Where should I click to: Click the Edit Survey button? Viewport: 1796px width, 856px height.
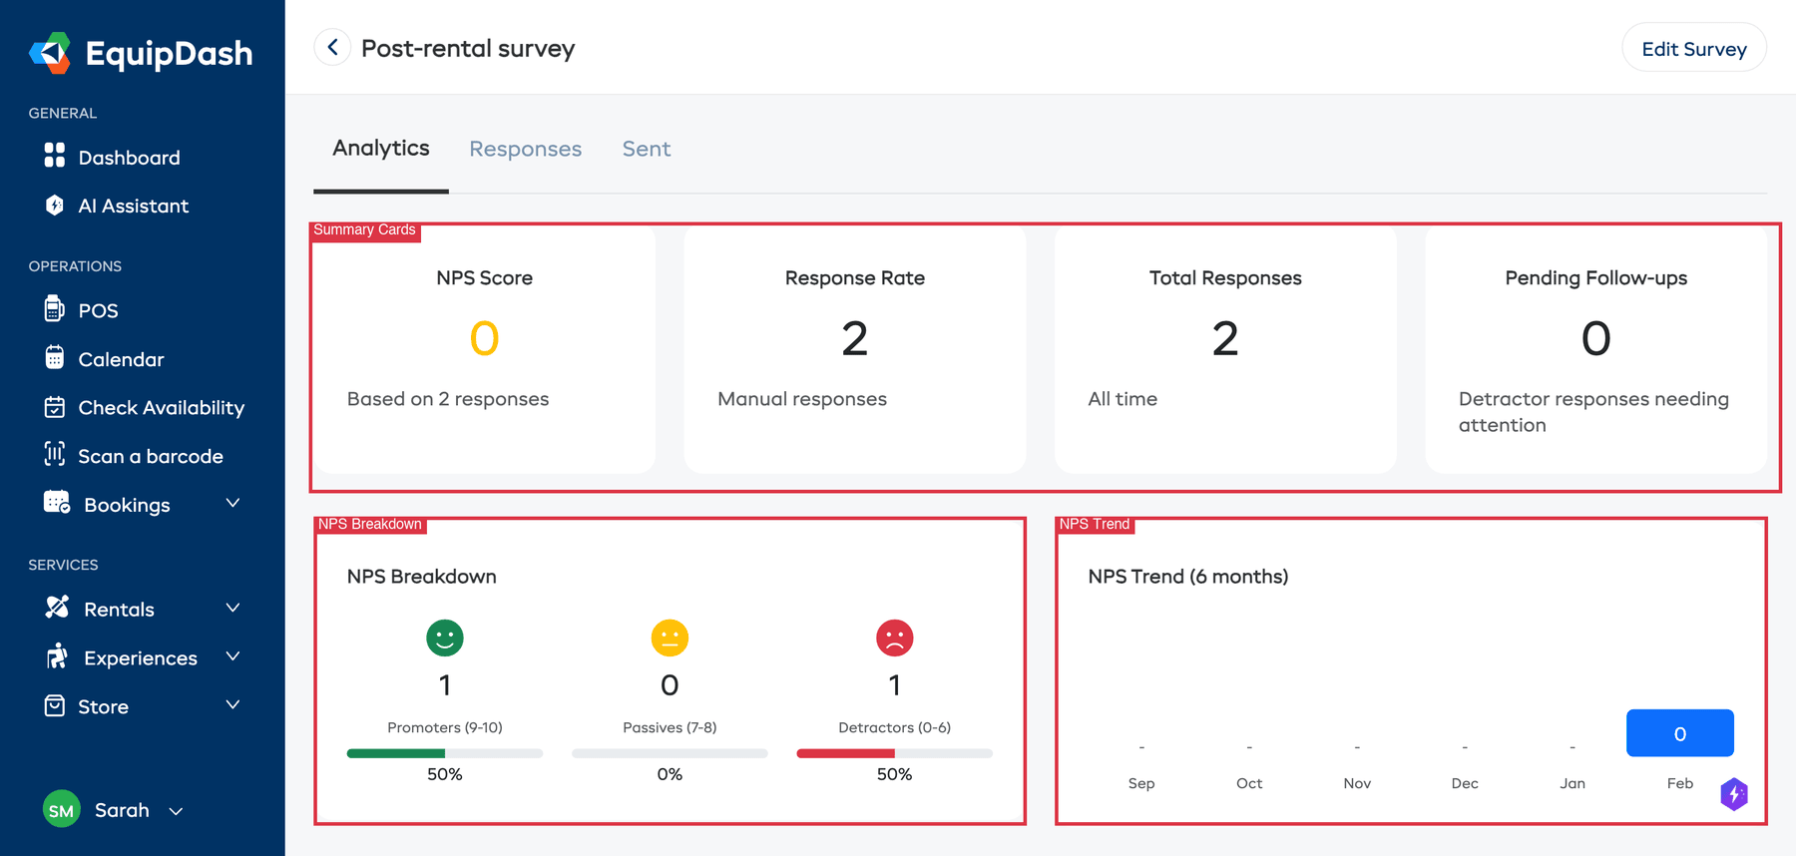click(1693, 49)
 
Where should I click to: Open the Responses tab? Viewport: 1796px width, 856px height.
click(525, 149)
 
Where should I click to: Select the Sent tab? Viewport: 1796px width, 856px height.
click(646, 149)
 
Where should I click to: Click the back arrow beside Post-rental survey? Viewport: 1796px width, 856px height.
click(332, 47)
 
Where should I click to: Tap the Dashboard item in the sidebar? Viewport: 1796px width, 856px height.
click(129, 158)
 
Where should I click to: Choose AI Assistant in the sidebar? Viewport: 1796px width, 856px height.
click(133, 206)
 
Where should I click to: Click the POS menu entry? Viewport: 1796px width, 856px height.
click(98, 310)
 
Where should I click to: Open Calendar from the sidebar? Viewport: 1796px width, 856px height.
click(121, 359)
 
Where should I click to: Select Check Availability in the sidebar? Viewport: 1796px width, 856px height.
click(161, 407)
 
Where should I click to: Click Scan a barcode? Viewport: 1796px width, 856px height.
click(150, 456)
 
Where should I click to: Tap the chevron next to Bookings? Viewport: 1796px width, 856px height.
click(232, 503)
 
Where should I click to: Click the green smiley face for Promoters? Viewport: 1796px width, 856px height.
click(445, 638)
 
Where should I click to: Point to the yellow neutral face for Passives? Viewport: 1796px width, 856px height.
click(670, 638)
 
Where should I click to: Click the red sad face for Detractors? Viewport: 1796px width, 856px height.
click(894, 638)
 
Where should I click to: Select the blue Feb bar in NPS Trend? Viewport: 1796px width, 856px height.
click(1679, 733)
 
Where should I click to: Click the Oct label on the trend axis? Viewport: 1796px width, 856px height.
click(1249, 783)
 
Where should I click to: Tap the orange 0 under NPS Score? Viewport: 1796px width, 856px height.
click(484, 338)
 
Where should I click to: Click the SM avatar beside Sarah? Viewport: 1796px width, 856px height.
click(61, 810)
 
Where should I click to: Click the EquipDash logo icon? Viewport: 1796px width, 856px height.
click(50, 53)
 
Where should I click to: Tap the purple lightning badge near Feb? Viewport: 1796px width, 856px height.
click(1734, 794)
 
